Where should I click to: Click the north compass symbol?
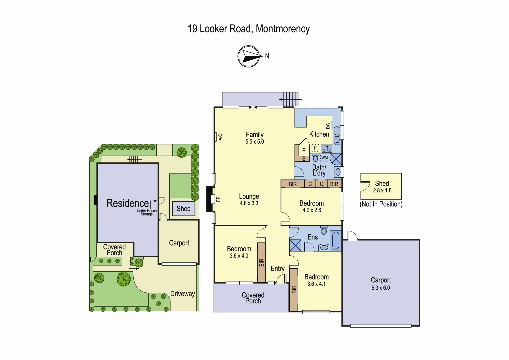(249, 56)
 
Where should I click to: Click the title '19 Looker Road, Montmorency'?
(249, 29)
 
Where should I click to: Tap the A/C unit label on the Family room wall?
(219, 137)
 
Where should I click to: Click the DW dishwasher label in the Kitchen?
(328, 126)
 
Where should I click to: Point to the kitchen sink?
(337, 135)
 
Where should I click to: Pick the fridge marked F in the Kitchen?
(315, 148)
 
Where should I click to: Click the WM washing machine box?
(324, 158)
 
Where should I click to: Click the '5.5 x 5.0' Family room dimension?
(255, 142)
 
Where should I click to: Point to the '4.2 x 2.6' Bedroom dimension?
(312, 210)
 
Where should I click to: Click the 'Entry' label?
(277, 269)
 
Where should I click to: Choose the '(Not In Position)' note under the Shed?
(381, 204)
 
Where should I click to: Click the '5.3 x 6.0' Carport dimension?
(381, 288)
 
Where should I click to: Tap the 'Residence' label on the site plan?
(127, 203)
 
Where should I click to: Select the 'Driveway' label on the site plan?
(182, 294)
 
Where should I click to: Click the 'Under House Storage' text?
(147, 213)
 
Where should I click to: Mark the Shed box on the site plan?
(183, 209)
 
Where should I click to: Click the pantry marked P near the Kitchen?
(304, 150)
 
